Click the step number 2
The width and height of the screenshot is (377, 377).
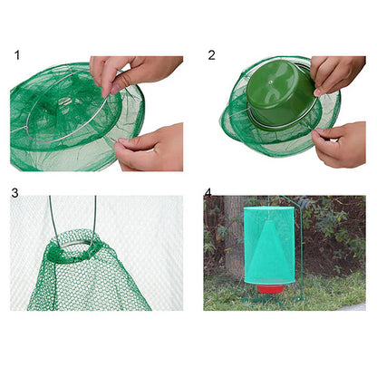point(212,55)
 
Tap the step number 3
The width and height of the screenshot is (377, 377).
point(15,193)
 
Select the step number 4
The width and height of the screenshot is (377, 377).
point(208,192)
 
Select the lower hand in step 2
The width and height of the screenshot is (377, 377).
point(342,145)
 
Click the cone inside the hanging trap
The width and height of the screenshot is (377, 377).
point(268,239)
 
